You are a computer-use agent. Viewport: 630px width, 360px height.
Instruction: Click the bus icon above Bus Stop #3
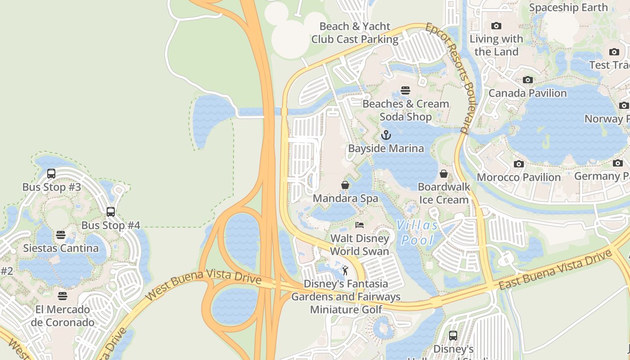[x=51, y=173]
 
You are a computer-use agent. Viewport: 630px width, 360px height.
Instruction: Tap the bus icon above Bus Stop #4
[x=111, y=211]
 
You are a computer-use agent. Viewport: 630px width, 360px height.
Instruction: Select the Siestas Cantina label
[x=61, y=248]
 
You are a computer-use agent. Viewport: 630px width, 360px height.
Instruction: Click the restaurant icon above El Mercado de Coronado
[x=63, y=296]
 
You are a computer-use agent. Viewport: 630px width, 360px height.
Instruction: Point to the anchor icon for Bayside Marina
[x=386, y=135]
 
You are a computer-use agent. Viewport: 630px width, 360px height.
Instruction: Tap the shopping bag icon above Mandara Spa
[x=345, y=185]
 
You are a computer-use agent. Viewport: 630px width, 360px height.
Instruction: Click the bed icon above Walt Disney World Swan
[x=359, y=225]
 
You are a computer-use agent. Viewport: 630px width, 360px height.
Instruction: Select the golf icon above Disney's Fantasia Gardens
[x=345, y=270]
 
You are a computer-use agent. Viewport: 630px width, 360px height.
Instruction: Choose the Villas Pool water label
[x=418, y=233]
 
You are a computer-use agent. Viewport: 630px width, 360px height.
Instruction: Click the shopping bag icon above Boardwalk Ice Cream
[x=444, y=173]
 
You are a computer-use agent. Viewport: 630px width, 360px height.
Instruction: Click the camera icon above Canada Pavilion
[x=527, y=80]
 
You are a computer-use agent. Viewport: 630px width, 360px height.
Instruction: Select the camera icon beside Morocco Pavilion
[x=519, y=164]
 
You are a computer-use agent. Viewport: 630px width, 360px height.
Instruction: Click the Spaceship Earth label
[x=568, y=8]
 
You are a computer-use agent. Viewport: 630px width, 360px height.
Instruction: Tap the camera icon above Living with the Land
[x=496, y=26]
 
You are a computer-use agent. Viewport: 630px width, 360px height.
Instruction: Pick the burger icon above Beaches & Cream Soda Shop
[x=405, y=90]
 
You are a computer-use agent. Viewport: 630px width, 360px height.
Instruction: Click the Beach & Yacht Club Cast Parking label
[x=355, y=33]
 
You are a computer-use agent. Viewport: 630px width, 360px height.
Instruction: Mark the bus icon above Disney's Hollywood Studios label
[x=453, y=335]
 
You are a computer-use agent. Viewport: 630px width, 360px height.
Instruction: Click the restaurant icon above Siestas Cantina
[x=61, y=235]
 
